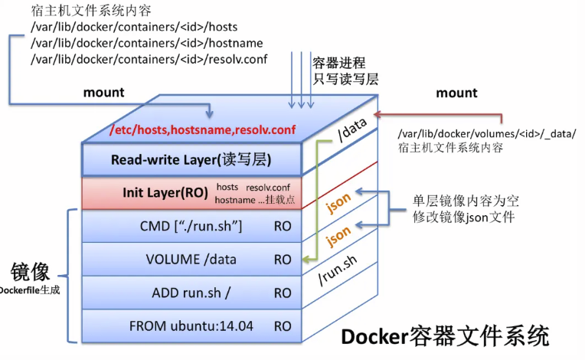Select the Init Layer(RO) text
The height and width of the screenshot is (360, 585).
pyautogui.click(x=165, y=192)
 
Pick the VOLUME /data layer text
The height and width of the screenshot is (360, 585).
pyautogui.click(x=191, y=259)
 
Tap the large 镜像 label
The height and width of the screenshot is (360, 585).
pyautogui.click(x=30, y=272)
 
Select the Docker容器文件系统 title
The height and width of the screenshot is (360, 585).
pyautogui.click(x=445, y=335)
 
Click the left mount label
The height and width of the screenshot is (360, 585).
pyautogui.click(x=103, y=92)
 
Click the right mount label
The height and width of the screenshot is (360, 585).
pyautogui.click(x=456, y=93)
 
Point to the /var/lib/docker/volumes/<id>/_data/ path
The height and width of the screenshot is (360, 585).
pyautogui.click(x=487, y=134)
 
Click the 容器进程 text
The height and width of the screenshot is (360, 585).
pyautogui.click(x=338, y=63)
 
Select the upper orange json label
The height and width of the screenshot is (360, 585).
pyautogui.click(x=339, y=201)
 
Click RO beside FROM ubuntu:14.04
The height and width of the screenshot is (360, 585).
pyautogui.click(x=283, y=326)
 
